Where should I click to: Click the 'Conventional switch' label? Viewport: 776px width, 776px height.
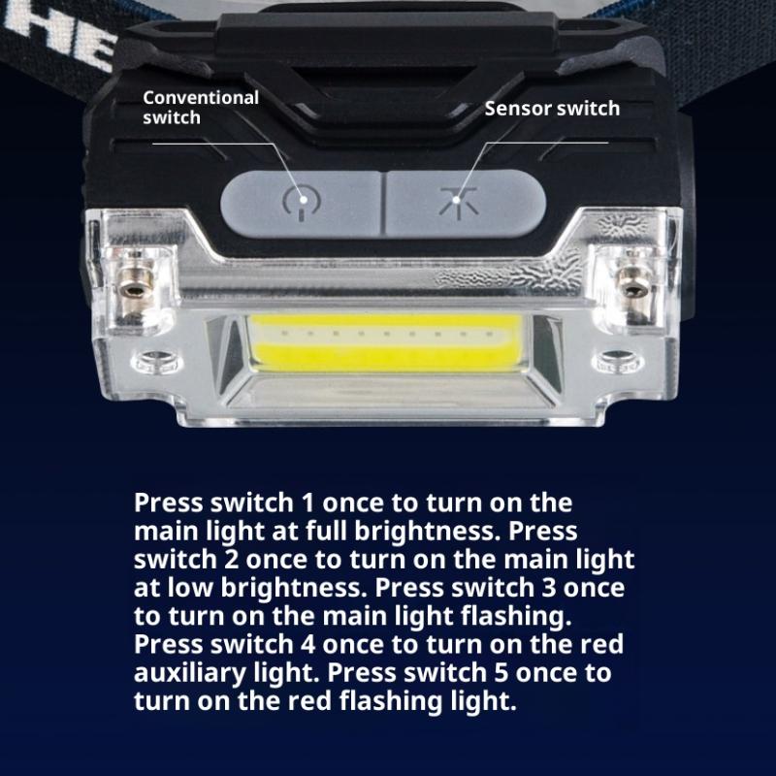(x=201, y=108)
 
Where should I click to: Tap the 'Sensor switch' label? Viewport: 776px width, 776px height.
(x=552, y=109)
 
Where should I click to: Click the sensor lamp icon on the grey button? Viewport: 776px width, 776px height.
(x=459, y=203)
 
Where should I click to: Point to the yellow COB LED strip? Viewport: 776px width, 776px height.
(x=385, y=342)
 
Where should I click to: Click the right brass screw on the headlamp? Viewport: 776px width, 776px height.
(x=633, y=286)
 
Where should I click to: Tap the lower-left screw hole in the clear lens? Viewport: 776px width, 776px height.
(x=156, y=362)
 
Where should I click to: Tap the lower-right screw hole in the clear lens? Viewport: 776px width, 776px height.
(x=618, y=361)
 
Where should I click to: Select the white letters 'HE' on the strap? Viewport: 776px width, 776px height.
(x=59, y=37)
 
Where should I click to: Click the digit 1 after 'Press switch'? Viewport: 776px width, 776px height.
(x=307, y=502)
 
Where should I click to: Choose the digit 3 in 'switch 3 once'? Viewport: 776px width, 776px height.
(x=548, y=588)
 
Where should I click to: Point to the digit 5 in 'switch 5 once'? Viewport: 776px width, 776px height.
(x=501, y=673)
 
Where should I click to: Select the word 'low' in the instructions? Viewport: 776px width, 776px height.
(x=190, y=588)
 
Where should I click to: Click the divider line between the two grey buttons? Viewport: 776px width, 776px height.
(x=383, y=203)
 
